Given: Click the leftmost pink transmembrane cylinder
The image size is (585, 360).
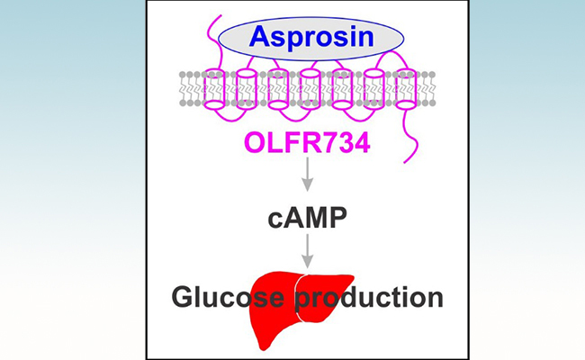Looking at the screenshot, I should pyautogui.click(x=211, y=89).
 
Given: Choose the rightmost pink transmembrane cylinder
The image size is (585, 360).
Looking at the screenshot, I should pyautogui.click(x=407, y=89).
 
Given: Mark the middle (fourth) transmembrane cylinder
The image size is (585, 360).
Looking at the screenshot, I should pyautogui.click(x=310, y=89).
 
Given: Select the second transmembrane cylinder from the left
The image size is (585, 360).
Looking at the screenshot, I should pyautogui.click(x=245, y=89).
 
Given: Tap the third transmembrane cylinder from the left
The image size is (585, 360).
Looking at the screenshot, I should pyautogui.click(x=278, y=89).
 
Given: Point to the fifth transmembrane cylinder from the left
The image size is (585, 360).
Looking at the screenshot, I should pyautogui.click(x=342, y=89).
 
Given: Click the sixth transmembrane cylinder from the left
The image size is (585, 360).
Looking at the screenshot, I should pyautogui.click(x=374, y=89).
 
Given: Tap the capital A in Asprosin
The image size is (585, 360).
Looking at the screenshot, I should pyautogui.click(x=260, y=37).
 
